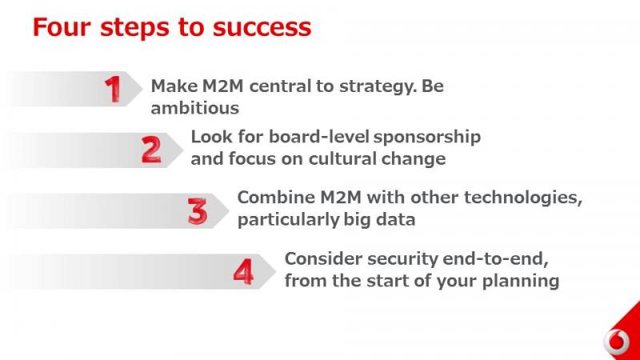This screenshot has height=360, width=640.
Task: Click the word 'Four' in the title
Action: pos(62,27)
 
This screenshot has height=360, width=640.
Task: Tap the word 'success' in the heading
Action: pos(262,27)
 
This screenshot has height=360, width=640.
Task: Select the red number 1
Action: pos(113,89)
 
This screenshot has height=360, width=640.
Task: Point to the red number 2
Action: pos(151,150)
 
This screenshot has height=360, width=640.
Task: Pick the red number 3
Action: pos(198,211)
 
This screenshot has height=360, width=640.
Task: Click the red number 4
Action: pos(243,272)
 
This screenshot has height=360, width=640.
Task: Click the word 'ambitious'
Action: pos(194,108)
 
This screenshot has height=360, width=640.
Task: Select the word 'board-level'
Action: pos(319,137)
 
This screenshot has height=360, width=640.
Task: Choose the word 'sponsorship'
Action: pos(427,138)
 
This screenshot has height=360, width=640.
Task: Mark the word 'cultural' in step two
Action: pos(342,158)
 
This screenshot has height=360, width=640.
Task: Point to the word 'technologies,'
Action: pos(523,198)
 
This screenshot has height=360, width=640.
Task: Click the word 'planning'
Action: pos(521,282)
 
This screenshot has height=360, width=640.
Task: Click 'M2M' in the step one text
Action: pos(223,86)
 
